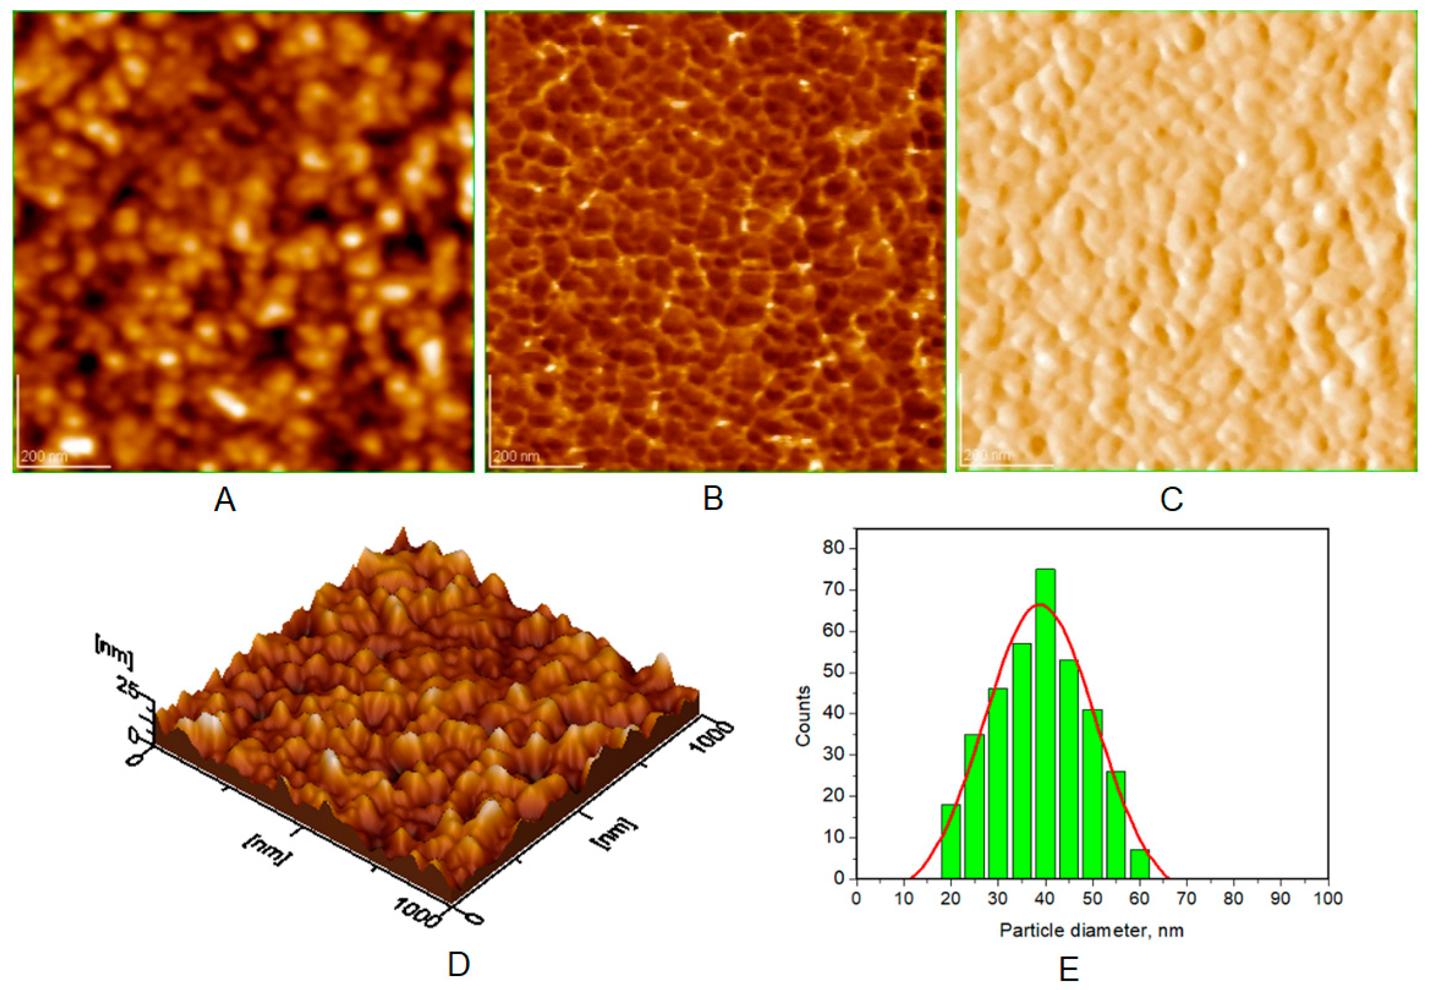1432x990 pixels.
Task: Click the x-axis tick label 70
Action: point(1186,899)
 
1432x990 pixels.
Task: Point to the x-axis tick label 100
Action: point(1328,899)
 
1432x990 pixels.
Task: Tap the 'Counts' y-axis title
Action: point(803,715)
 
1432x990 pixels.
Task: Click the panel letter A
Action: point(224,499)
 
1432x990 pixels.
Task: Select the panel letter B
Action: point(713,499)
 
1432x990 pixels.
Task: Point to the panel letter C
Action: point(1172,499)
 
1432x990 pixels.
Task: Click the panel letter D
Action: point(459,964)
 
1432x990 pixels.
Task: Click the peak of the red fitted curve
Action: point(1042,604)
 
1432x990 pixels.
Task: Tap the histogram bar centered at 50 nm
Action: point(1092,794)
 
